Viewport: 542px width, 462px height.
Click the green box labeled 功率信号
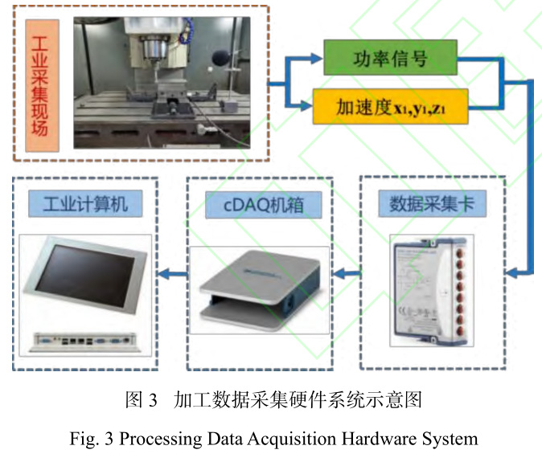(x=390, y=60)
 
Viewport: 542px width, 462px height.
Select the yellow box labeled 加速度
(x=390, y=106)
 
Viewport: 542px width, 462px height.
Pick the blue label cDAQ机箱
(x=258, y=205)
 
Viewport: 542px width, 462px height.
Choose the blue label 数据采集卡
(x=432, y=205)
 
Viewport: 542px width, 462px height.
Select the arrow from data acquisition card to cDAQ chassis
(x=344, y=276)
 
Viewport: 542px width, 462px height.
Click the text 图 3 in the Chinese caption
(x=141, y=399)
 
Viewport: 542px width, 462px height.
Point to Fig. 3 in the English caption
(x=87, y=439)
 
